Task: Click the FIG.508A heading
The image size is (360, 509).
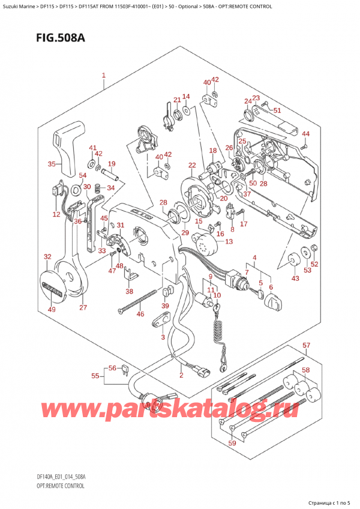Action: click(47, 38)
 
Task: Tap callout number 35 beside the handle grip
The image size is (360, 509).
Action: click(52, 164)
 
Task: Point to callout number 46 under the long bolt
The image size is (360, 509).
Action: click(140, 314)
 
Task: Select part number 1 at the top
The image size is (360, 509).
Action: click(104, 76)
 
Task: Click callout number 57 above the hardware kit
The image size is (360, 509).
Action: click(306, 346)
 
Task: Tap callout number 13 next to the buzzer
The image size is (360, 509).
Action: click(229, 242)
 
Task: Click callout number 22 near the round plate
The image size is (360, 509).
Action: click(191, 166)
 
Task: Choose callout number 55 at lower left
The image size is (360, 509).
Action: click(95, 376)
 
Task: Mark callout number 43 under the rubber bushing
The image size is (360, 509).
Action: click(294, 278)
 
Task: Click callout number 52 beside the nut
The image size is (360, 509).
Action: click(314, 265)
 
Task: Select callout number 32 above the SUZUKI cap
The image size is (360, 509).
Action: click(47, 257)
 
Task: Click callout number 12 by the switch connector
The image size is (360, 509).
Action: click(56, 214)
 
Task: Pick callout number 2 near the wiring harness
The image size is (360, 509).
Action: click(181, 375)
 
